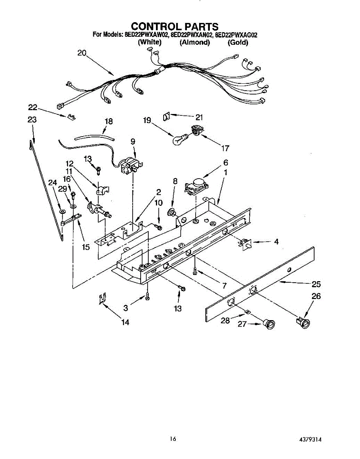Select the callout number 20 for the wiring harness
click(x=82, y=53)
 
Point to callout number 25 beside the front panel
click(x=316, y=284)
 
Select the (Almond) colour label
click(x=195, y=42)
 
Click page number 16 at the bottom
click(x=174, y=439)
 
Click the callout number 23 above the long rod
click(x=32, y=120)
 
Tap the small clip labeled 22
click(x=70, y=116)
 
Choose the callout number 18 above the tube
click(x=109, y=121)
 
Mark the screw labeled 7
click(x=195, y=270)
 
